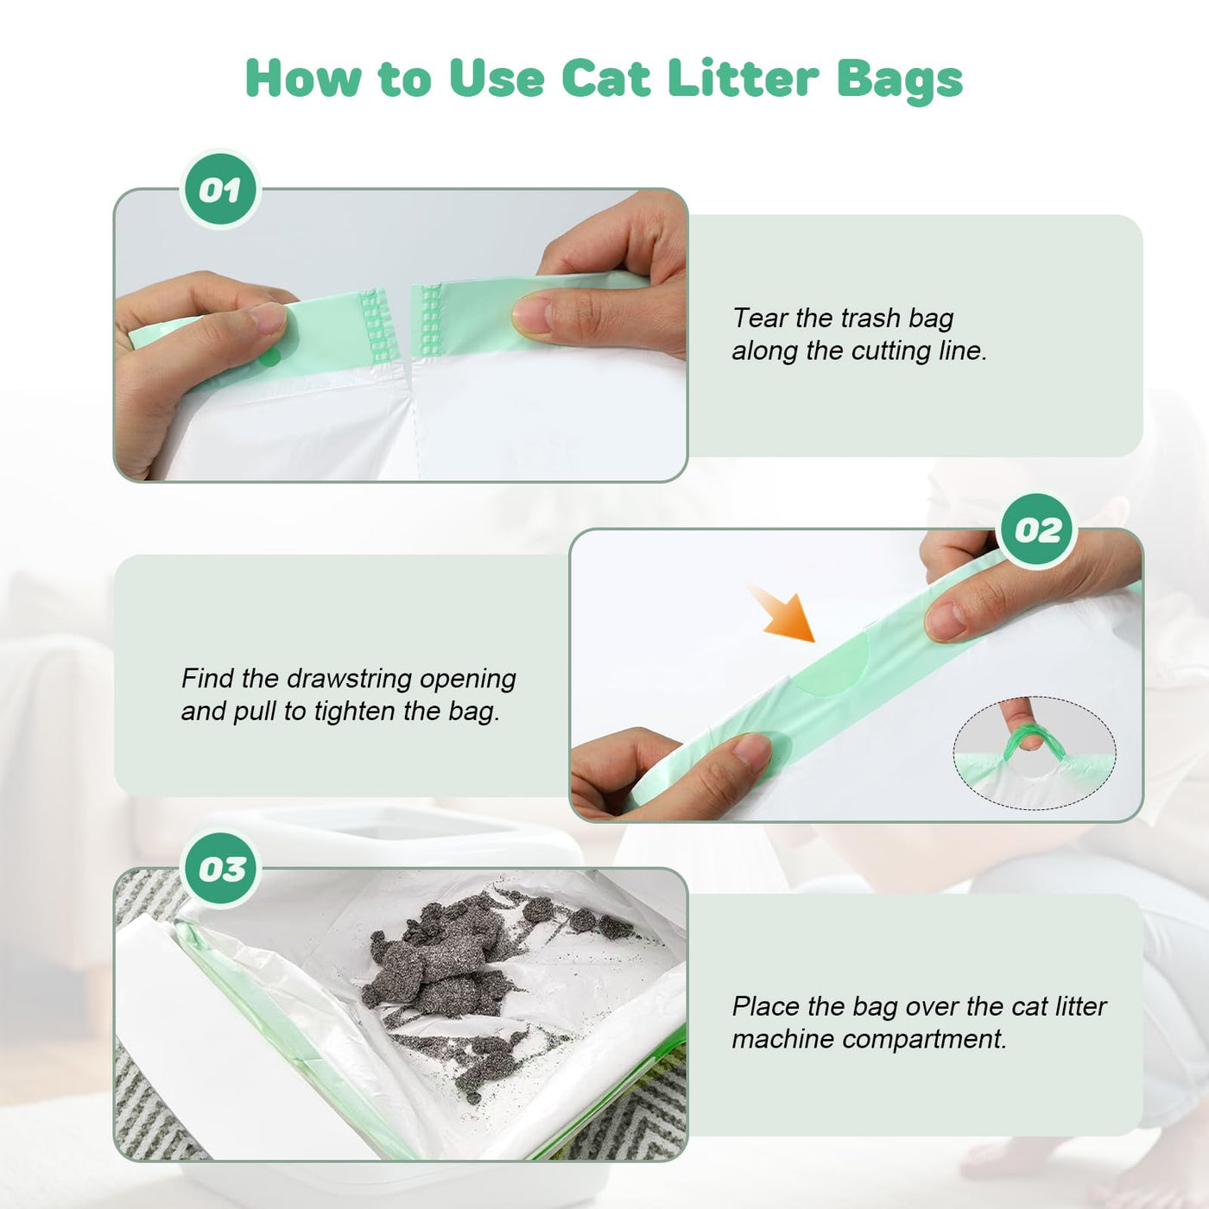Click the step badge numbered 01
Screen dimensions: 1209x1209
point(220,189)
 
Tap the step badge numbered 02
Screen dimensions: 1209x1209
point(1038,531)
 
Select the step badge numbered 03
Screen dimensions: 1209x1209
point(222,869)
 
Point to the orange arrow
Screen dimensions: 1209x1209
point(782,612)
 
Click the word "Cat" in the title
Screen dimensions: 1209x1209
point(605,79)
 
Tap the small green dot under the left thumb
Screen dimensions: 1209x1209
point(270,357)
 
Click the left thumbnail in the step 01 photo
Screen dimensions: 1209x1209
point(267,318)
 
